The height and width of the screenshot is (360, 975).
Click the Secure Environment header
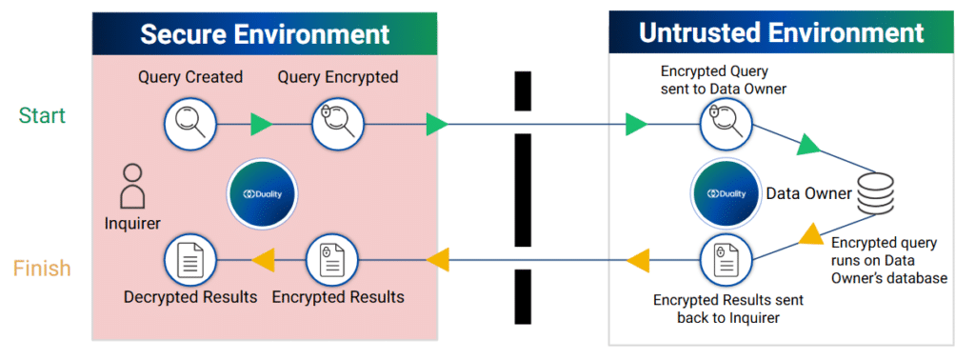[x=265, y=33]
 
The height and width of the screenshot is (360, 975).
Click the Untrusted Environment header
[x=781, y=33]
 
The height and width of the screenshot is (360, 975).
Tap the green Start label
[x=43, y=115]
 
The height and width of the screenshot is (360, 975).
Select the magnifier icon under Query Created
[x=189, y=123]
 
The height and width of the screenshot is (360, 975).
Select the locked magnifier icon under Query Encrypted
[x=338, y=123]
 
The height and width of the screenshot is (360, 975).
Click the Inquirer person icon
[x=133, y=186]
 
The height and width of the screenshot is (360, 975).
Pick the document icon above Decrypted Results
[x=189, y=257]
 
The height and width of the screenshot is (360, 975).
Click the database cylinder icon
[x=878, y=194]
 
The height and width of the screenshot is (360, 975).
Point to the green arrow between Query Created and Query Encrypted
[x=262, y=123]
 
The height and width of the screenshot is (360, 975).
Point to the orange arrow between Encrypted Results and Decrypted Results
[x=262, y=257]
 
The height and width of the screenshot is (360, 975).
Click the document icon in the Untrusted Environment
[x=726, y=258]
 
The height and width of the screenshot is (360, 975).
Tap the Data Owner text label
[x=808, y=193]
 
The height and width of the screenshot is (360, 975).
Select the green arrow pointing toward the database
[x=806, y=145]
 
